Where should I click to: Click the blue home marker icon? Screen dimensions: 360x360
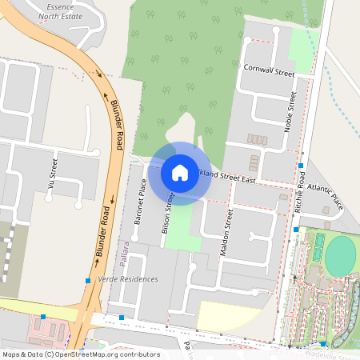(180, 172)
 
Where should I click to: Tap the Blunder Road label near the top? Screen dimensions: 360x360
(116, 124)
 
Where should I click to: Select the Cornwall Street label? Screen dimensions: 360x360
(269, 70)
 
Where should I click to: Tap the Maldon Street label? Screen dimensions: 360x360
(226, 233)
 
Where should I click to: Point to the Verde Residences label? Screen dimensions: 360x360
(127, 279)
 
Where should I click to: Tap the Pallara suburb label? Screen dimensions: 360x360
(125, 254)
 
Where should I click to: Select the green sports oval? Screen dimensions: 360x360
(341, 255)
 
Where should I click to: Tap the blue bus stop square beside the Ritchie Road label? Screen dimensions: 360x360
(300, 166)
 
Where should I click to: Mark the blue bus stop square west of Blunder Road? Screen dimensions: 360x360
(87, 280)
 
